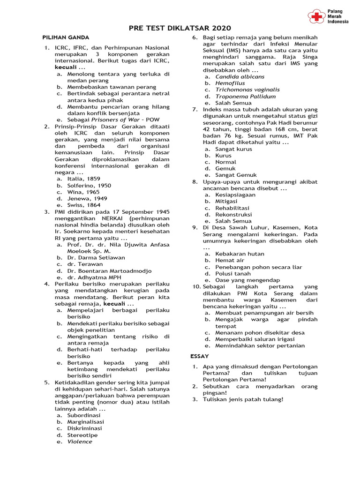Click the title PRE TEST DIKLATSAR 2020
[x=180, y=29]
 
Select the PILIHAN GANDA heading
[x=66, y=37]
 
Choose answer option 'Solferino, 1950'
[x=89, y=186]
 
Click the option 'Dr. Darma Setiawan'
[x=96, y=257]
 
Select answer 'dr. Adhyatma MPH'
[x=94, y=277]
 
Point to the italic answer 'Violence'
[x=80, y=442]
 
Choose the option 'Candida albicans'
[x=240, y=76]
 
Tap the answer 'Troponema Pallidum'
[x=246, y=96]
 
